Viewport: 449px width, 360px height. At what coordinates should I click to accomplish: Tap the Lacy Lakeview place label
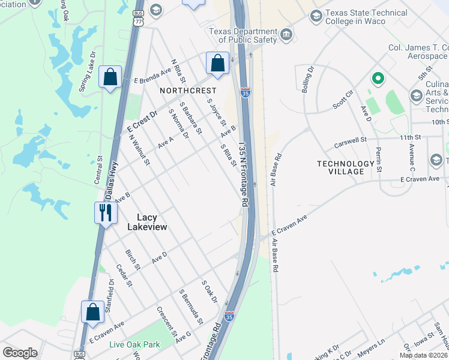pos(147,223)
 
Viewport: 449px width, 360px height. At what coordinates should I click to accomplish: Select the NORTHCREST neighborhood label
pos(188,90)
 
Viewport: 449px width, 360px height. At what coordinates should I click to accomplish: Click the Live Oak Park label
pos(134,344)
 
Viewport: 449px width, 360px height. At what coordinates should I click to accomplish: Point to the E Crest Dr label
pos(142,121)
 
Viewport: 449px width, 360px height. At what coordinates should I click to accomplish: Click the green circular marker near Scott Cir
pos(378,78)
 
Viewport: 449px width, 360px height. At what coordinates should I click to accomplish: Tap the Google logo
pos(20,352)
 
